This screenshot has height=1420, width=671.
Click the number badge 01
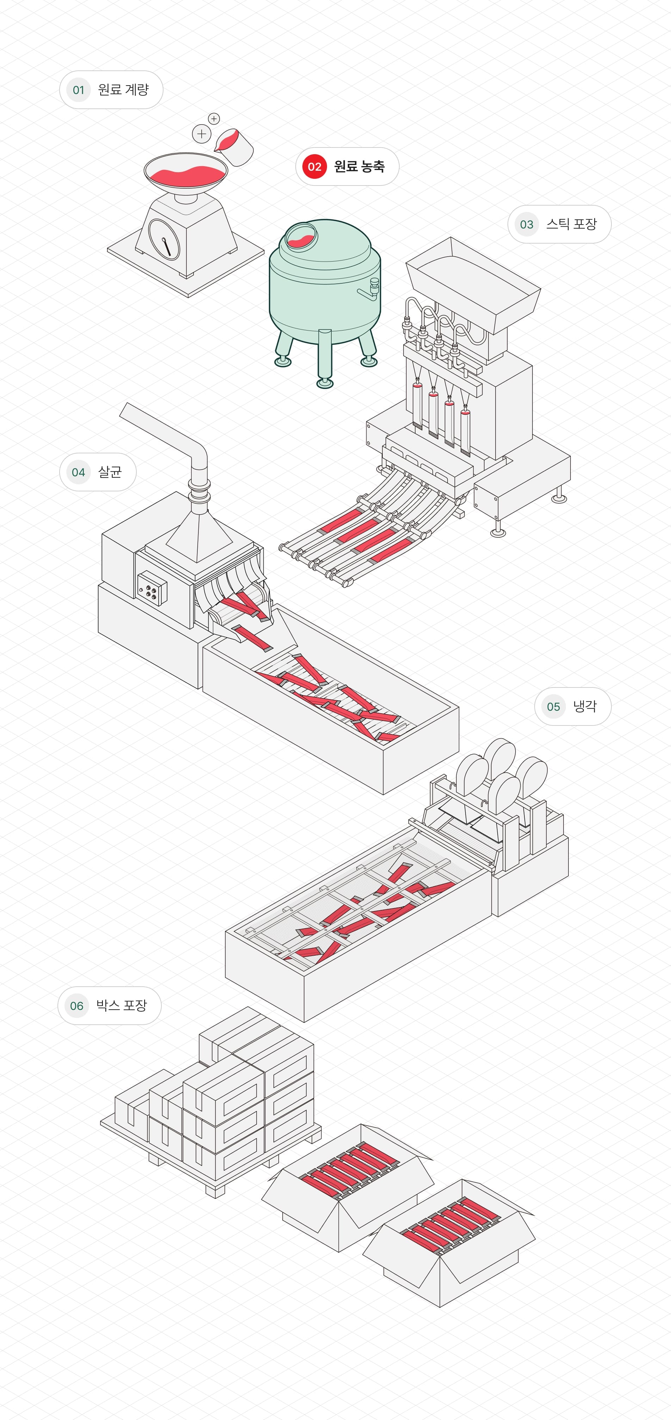tap(78, 90)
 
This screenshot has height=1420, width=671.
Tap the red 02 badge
tap(314, 166)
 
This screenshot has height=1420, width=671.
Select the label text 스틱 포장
tap(571, 224)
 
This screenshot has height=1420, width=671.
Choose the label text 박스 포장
tap(121, 1005)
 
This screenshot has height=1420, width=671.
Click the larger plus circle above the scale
tap(202, 133)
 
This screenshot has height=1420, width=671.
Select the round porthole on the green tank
tap(301, 236)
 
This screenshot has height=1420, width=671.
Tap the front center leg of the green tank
tap(325, 358)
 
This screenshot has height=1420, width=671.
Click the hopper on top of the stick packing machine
tap(473, 284)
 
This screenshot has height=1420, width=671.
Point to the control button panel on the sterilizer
tap(151, 590)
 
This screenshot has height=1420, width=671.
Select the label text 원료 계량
tap(123, 90)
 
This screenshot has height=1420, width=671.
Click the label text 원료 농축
tap(359, 166)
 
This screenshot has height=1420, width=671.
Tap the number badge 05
tap(553, 707)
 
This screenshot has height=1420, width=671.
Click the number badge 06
tap(77, 1006)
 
